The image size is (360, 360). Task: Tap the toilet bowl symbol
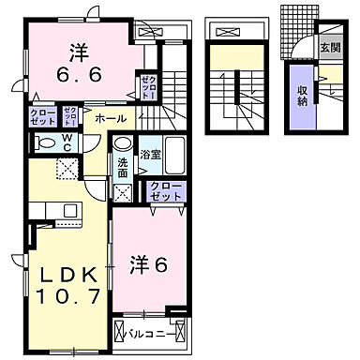45,143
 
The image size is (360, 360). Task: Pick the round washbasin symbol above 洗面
123,145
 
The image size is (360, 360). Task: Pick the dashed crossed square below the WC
66,169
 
